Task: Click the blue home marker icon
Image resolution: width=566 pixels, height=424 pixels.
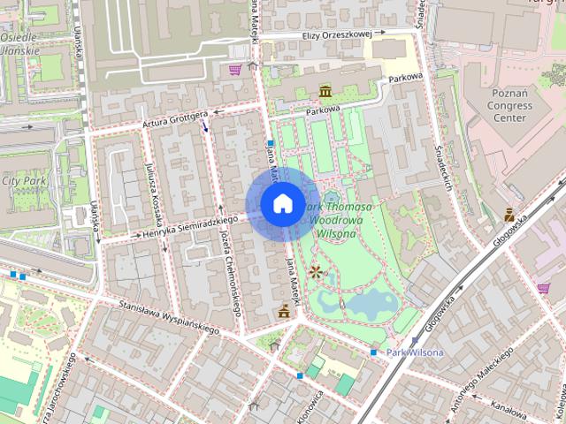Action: click(x=281, y=203)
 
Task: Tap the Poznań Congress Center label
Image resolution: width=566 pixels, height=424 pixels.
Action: click(x=511, y=105)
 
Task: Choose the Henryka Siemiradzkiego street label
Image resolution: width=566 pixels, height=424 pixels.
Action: click(x=185, y=227)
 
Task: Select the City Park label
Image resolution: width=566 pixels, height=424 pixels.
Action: click(x=23, y=181)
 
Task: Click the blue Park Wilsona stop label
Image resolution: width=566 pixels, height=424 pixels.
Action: click(x=414, y=352)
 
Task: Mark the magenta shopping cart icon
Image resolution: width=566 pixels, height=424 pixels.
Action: click(x=235, y=69)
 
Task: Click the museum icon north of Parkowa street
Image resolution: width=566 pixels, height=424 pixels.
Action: click(x=325, y=92)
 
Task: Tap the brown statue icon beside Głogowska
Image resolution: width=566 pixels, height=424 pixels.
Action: click(x=509, y=214)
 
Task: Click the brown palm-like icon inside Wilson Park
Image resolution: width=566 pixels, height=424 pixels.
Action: click(x=316, y=271)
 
